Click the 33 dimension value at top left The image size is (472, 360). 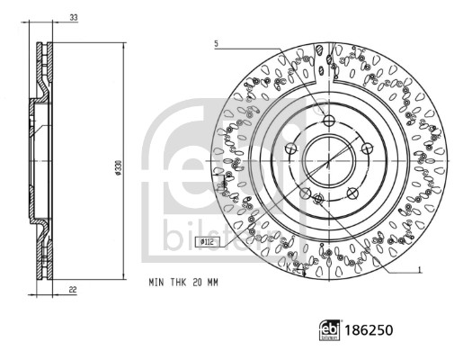coord(74,17)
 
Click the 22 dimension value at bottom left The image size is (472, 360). coord(73,290)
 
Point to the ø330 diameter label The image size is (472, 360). coord(119,168)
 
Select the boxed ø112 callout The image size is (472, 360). coord(208,241)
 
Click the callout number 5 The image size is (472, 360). coord(216,44)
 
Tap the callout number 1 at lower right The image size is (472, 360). coord(420,270)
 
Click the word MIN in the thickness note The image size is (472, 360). coord(156,283)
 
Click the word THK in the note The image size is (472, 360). coord(179,283)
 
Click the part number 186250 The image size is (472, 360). coord(369,330)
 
